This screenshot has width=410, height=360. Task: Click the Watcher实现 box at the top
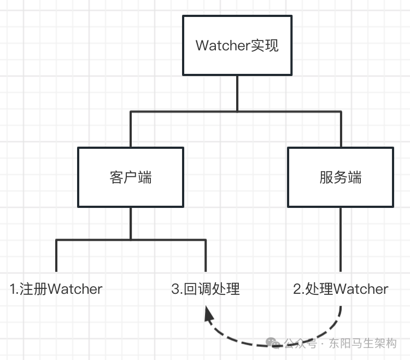click(237, 45)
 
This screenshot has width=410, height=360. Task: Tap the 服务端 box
click(341, 177)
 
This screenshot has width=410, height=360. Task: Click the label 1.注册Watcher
click(56, 289)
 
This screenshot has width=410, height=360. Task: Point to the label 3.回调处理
click(206, 289)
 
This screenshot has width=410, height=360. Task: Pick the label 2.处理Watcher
click(341, 289)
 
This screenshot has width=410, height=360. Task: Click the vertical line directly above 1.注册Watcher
click(56, 256)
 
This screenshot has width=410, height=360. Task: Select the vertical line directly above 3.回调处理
click(206, 256)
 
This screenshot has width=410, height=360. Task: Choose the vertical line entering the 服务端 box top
click(341, 130)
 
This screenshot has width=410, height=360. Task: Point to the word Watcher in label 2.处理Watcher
click(361, 289)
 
